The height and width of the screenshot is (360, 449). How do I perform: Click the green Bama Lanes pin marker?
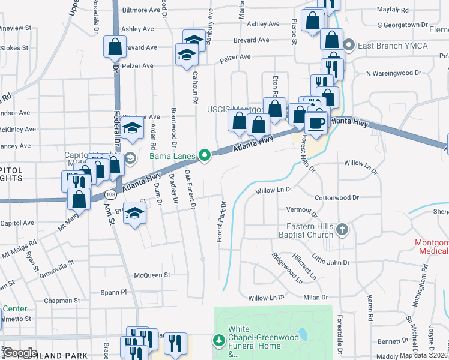(205, 157)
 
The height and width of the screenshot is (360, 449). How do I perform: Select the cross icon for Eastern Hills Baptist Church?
(342, 229)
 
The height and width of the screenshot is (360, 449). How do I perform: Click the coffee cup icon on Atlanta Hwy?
(316, 122)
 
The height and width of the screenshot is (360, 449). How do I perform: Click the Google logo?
(20, 353)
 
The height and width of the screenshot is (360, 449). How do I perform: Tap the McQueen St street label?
(152, 275)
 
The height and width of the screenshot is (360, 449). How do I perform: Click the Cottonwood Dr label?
(336, 197)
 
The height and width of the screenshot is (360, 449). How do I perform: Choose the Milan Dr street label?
(316, 297)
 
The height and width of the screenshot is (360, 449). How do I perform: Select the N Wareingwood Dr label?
(394, 73)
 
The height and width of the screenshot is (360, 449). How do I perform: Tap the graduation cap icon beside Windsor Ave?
(133, 127)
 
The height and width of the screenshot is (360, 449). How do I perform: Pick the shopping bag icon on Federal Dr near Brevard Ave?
(115, 46)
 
